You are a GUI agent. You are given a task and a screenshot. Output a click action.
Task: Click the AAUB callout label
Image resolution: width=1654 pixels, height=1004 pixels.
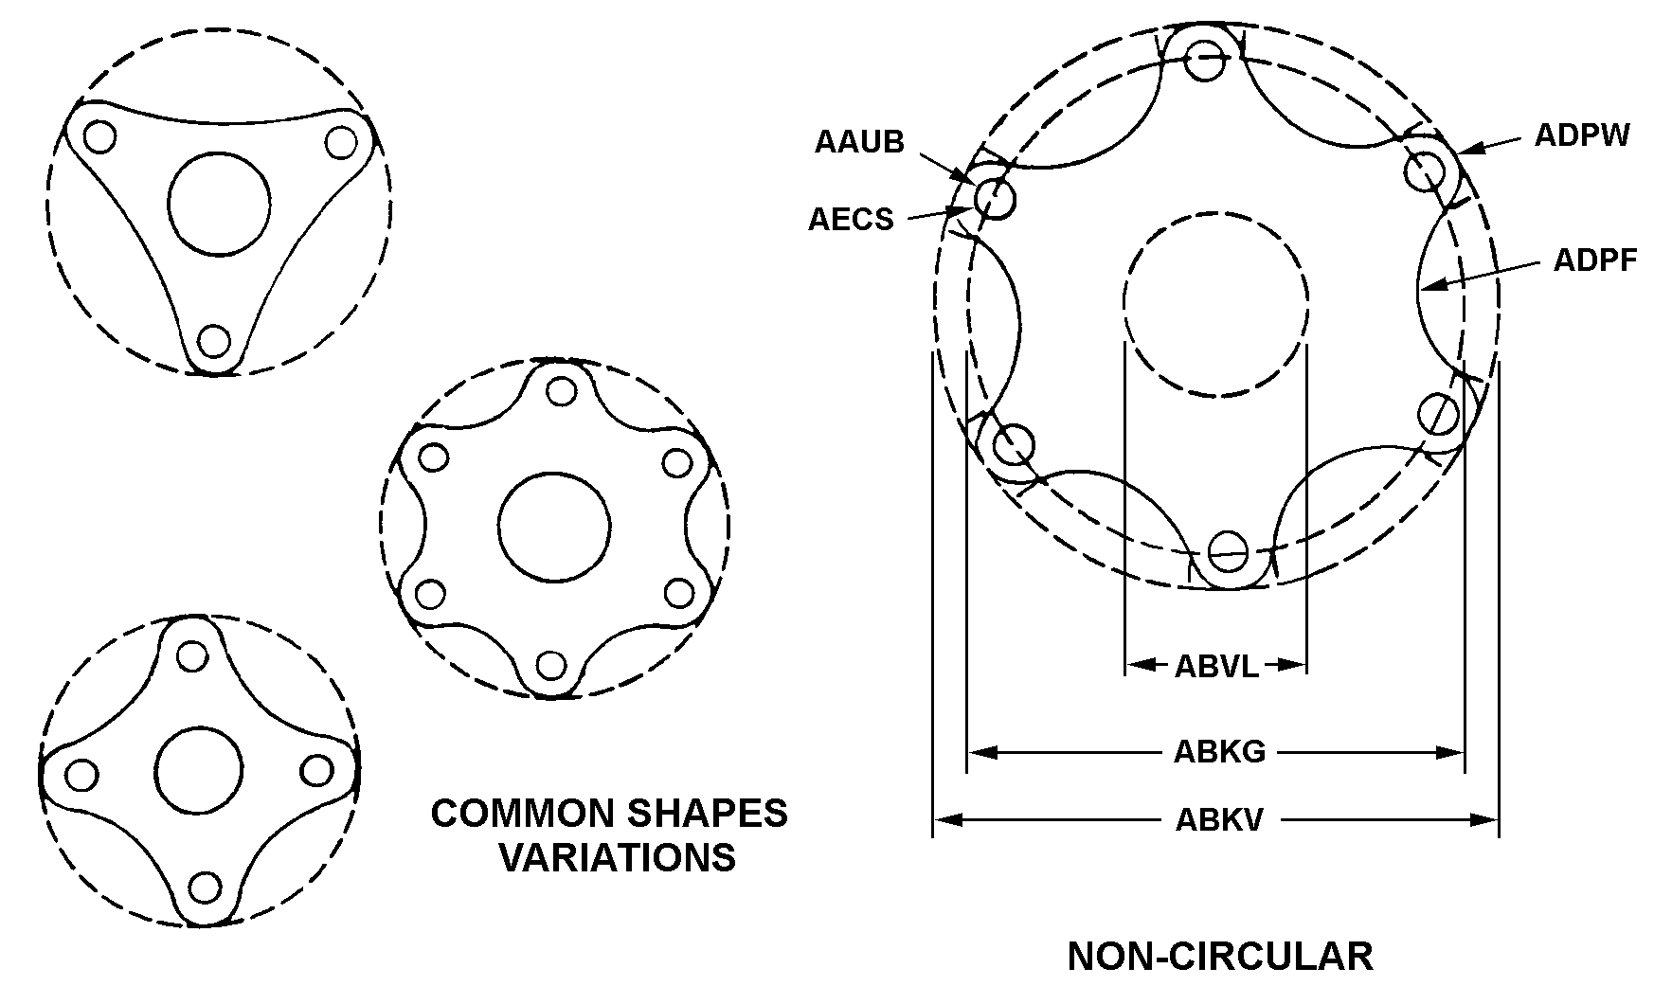click(859, 142)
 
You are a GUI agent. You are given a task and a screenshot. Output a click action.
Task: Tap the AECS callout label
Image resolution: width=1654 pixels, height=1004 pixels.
click(851, 220)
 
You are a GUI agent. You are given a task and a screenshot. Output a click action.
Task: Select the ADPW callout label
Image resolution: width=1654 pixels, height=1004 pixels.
click(1582, 136)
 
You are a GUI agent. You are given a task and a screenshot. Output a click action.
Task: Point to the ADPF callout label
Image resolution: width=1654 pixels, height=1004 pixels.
click(1595, 260)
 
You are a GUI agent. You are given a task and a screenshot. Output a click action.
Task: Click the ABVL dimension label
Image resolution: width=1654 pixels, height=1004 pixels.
click(1216, 666)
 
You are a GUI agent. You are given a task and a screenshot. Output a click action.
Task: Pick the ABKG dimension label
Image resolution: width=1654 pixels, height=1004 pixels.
click(1219, 752)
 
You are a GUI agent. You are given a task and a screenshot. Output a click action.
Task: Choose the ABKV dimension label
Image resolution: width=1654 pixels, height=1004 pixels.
click(1219, 819)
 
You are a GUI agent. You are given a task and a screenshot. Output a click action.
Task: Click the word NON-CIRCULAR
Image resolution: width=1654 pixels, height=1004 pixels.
click(1219, 957)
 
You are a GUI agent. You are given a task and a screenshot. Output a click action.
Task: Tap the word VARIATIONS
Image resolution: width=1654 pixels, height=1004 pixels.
click(617, 857)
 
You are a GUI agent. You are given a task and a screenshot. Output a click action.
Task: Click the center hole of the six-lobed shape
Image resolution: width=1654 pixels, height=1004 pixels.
click(554, 526)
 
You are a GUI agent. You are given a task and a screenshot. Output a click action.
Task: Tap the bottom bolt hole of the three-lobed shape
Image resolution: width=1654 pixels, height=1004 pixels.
click(215, 339)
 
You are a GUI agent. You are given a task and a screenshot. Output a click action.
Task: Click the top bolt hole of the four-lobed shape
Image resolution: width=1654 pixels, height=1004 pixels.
click(192, 655)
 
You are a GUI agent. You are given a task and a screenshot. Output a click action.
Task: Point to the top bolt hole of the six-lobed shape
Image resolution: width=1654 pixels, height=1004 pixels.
click(562, 390)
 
